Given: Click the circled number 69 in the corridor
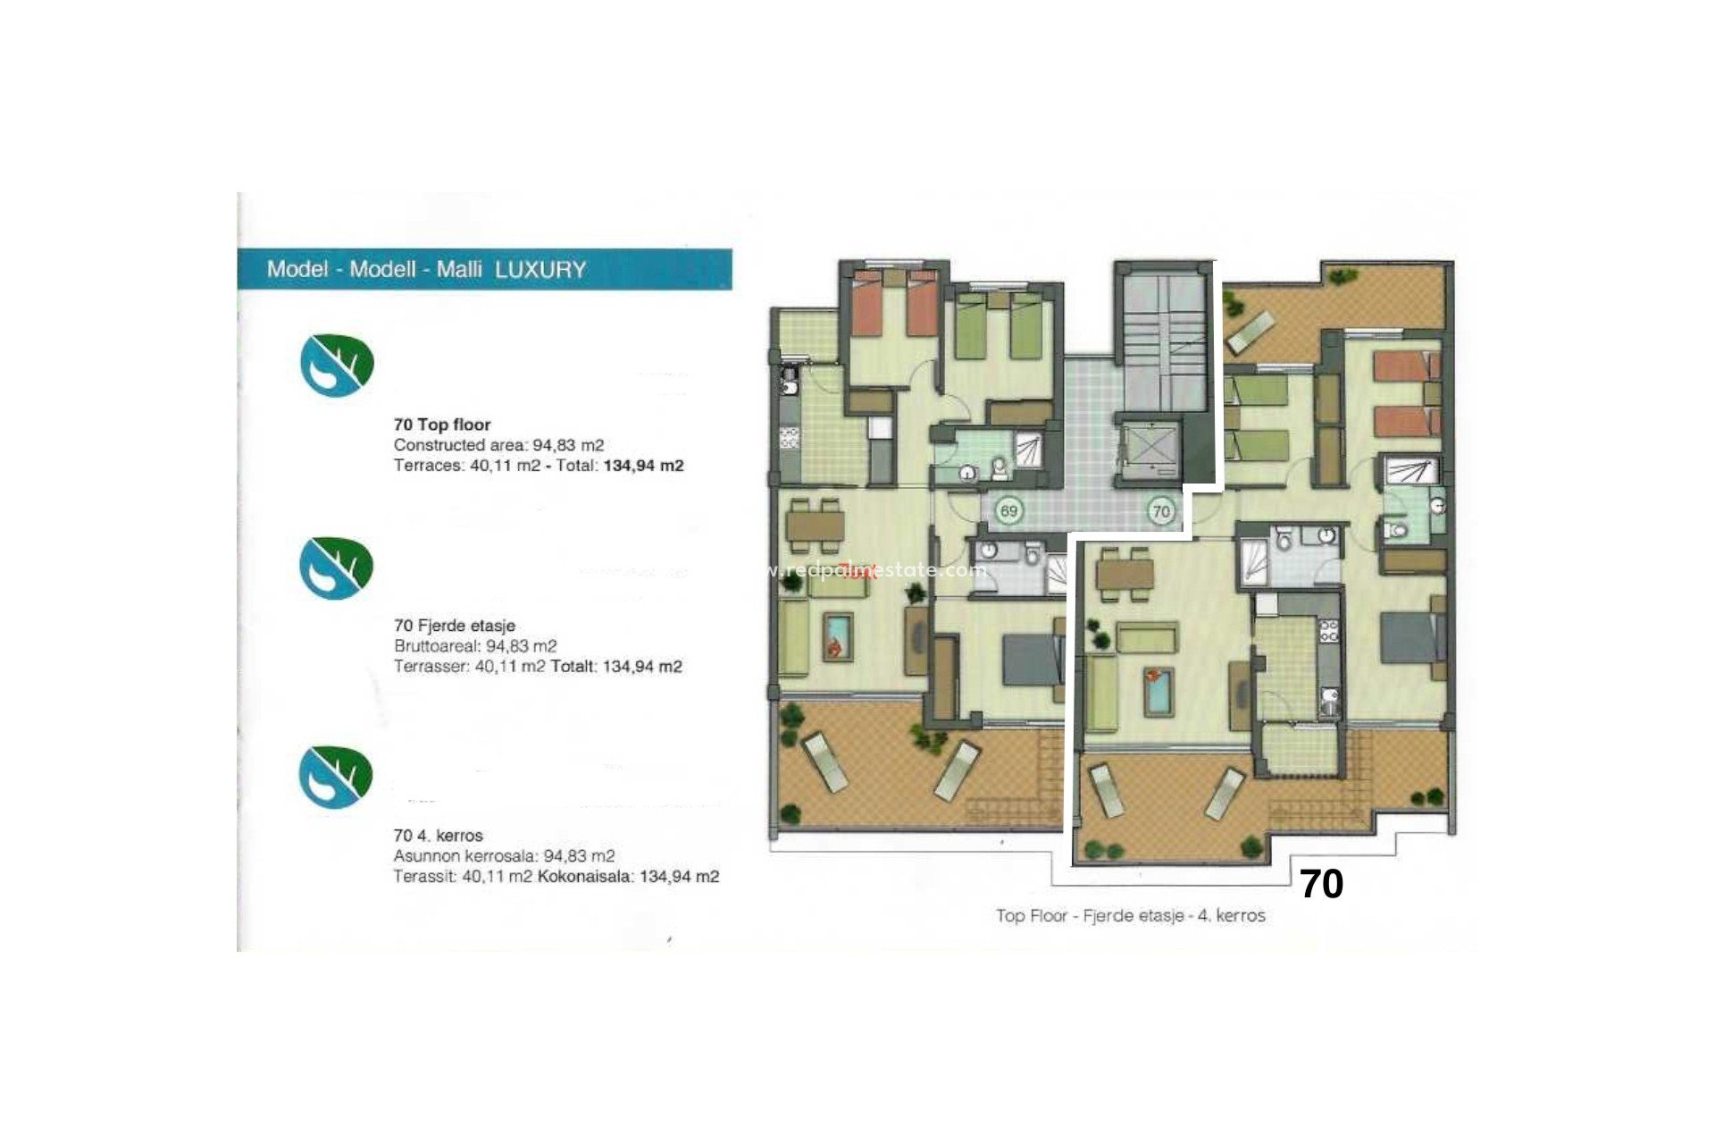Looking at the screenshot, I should pyautogui.click(x=1008, y=511).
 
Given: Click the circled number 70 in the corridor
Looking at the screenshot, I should pyautogui.click(x=1160, y=511).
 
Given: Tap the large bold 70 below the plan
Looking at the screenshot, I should pyautogui.click(x=1321, y=884).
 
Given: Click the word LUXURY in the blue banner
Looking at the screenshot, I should pyautogui.click(x=540, y=270).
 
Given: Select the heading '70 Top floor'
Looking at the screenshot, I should pyautogui.click(x=442, y=425).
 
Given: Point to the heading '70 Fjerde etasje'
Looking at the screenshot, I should pyautogui.click(x=454, y=626).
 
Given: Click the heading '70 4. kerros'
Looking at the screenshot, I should pyautogui.click(x=438, y=836).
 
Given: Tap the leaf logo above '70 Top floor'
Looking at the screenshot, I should pyautogui.click(x=336, y=365).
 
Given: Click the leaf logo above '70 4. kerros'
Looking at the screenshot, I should pyautogui.click(x=335, y=777).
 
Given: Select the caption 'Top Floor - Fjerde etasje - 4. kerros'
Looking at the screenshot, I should pyautogui.click(x=1130, y=915).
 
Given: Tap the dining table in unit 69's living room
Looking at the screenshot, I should pyautogui.click(x=815, y=526).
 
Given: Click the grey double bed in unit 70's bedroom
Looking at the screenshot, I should pyautogui.click(x=1409, y=636).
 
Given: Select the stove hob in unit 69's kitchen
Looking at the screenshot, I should pyautogui.click(x=790, y=438).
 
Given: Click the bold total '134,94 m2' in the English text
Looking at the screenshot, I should pyautogui.click(x=643, y=466).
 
